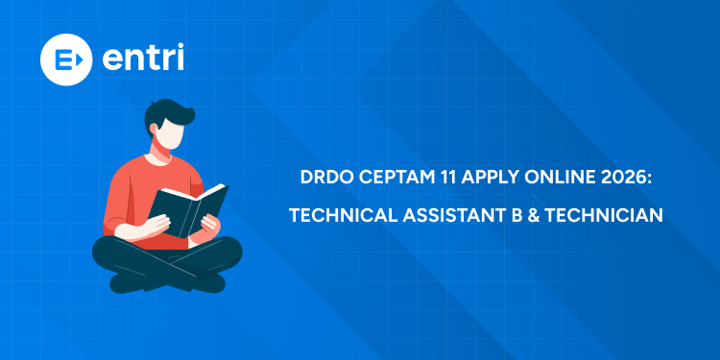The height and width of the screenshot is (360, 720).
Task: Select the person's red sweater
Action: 134,192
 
